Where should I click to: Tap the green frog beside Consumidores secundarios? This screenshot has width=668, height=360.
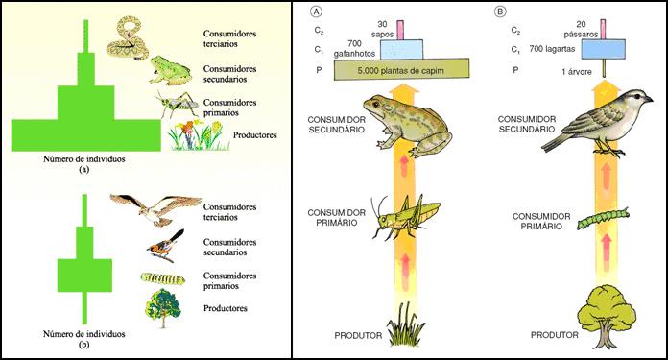click(x=170, y=70)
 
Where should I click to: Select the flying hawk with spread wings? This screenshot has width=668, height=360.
click(x=155, y=208)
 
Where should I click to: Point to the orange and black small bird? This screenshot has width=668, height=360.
click(x=166, y=247)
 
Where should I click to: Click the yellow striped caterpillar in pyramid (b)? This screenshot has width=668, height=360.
click(x=163, y=278)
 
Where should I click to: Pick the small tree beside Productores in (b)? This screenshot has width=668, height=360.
click(x=163, y=308)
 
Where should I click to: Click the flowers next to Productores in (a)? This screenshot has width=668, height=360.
click(x=198, y=135)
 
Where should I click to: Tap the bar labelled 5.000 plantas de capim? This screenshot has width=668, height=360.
click(x=401, y=69)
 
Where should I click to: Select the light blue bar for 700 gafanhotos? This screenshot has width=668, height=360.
click(x=401, y=50)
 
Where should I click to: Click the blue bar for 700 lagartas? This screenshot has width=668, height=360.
click(x=604, y=49)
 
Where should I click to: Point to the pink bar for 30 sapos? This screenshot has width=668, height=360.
click(x=400, y=30)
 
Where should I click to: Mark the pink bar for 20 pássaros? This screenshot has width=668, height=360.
click(x=604, y=30)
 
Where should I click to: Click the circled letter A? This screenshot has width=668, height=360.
click(x=317, y=12)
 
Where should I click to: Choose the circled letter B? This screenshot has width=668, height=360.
click(x=500, y=12)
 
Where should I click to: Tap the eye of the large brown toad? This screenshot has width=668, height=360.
click(x=377, y=104)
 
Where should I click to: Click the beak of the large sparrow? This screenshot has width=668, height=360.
click(x=649, y=100)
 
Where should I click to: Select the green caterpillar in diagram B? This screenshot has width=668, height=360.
click(x=603, y=219)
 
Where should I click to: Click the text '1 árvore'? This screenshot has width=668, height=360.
click(x=577, y=72)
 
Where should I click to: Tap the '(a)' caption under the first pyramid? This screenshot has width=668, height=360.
click(x=83, y=170)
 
